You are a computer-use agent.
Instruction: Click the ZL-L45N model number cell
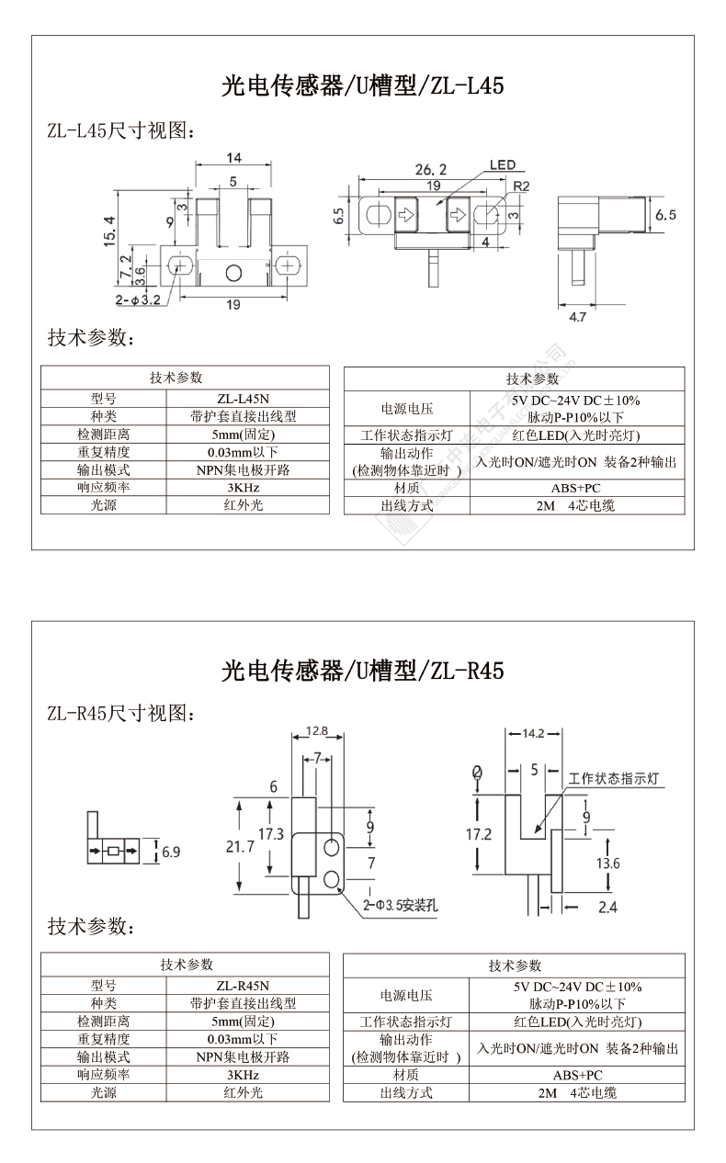coord(243,399)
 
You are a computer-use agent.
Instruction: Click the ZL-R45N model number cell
coord(243,986)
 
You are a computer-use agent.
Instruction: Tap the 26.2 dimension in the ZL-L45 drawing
coord(430,169)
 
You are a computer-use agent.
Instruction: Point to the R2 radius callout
coord(521,186)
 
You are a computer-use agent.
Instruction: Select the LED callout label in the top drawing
coord(503,165)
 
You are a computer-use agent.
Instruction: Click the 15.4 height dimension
coord(109,231)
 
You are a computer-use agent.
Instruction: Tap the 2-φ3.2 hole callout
coord(138,299)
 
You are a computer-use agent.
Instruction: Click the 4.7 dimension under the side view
coord(577,317)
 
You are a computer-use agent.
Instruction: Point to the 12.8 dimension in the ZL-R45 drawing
coord(317,731)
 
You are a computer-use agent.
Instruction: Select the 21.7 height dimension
coord(240,847)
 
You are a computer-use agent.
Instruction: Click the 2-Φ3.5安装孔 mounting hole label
coord(400,905)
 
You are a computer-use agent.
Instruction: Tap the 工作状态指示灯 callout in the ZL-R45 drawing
coord(613,778)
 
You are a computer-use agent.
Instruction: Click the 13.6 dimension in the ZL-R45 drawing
coord(607,864)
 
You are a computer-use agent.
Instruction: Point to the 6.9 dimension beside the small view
coord(171,852)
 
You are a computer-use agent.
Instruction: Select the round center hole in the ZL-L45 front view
coord(233,273)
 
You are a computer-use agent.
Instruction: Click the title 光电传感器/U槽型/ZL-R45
coord(362,671)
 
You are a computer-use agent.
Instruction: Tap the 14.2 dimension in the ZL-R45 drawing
coord(533,734)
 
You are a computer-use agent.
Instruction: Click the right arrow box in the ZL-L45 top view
coord(458,214)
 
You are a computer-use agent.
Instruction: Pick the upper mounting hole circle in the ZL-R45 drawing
coord(332,848)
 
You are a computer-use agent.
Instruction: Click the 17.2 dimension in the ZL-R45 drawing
coord(478,834)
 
